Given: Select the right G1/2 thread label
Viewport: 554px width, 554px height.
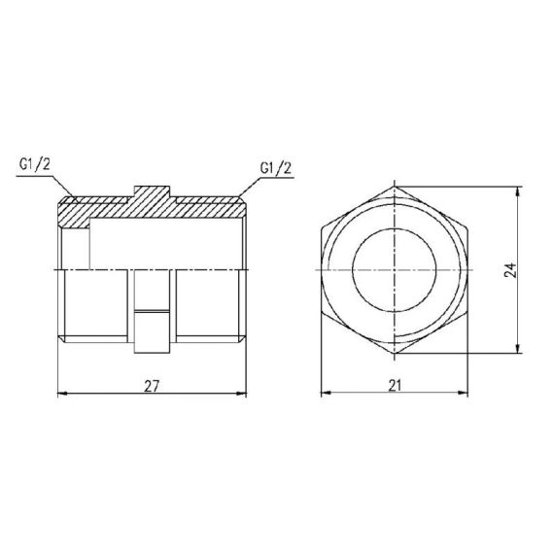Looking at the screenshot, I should [x=276, y=167].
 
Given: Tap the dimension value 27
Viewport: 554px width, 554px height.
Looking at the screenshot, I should [x=152, y=385].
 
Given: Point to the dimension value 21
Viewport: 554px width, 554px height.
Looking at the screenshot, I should [x=395, y=385].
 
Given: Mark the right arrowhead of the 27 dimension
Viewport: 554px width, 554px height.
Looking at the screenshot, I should [x=242, y=394].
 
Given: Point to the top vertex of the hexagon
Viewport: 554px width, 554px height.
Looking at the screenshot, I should [x=395, y=185].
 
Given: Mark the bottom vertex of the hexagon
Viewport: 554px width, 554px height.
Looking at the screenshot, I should [x=395, y=356].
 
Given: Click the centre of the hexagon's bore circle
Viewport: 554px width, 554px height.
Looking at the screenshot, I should [x=395, y=269].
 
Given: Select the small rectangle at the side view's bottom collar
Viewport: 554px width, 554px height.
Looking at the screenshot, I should [x=152, y=330].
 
